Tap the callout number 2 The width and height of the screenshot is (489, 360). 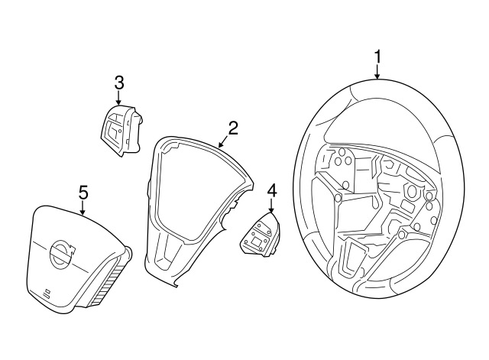click(233, 128)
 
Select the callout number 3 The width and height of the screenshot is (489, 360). click(118, 82)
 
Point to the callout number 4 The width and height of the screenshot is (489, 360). click(272, 189)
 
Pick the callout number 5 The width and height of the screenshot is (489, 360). click(83, 192)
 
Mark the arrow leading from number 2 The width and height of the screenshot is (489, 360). click(222, 141)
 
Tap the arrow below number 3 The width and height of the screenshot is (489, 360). click(118, 98)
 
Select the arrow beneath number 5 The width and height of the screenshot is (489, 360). click(83, 208)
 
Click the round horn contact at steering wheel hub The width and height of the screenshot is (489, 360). click(413, 191)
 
